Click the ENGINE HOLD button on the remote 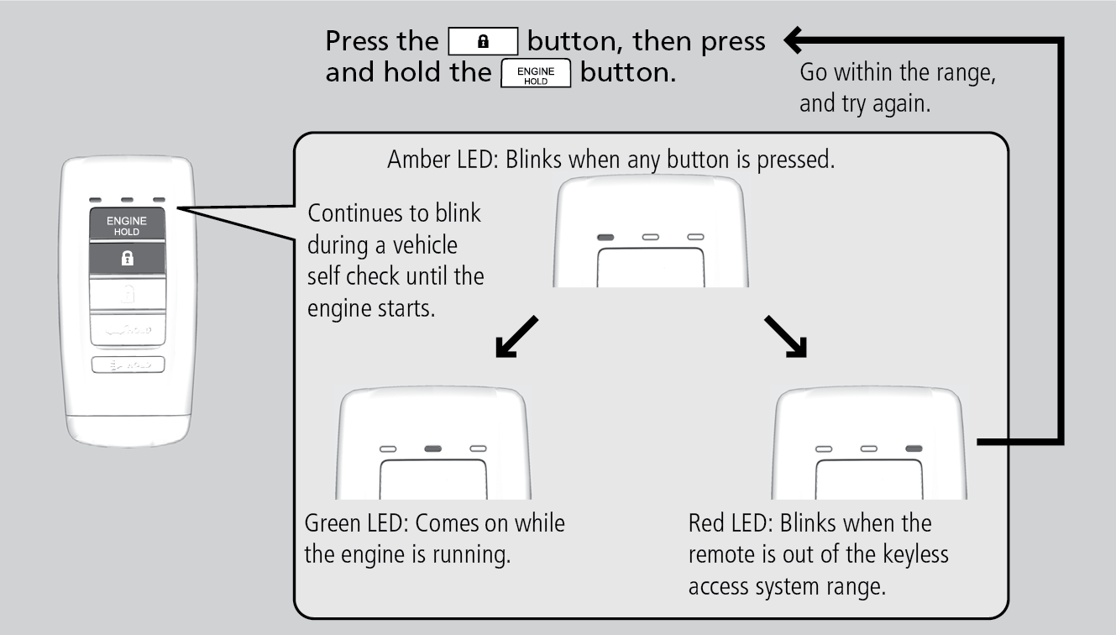(x=126, y=225)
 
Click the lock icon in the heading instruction (x=484, y=41)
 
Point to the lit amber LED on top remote (x=605, y=238)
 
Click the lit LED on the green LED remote (x=433, y=449)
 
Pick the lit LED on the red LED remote (x=914, y=449)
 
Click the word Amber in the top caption (x=415, y=160)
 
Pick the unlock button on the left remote (x=126, y=297)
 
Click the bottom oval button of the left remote (x=127, y=365)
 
